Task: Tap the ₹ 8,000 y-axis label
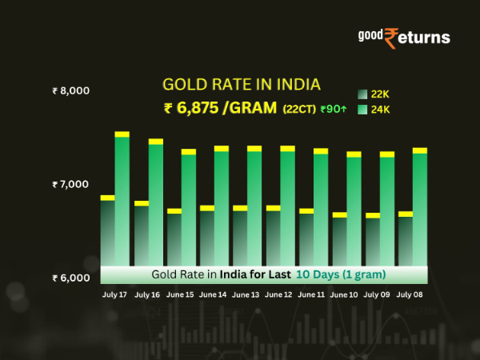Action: [70, 91]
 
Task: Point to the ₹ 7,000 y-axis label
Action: [70, 185]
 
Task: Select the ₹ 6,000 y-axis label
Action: [70, 278]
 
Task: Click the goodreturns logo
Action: [403, 38]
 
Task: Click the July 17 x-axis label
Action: [114, 295]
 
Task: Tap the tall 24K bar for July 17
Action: [122, 200]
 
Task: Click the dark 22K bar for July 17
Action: [107, 232]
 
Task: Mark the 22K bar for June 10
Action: [339, 240]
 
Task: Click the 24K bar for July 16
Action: [155, 204]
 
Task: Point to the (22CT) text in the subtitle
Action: [298, 110]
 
